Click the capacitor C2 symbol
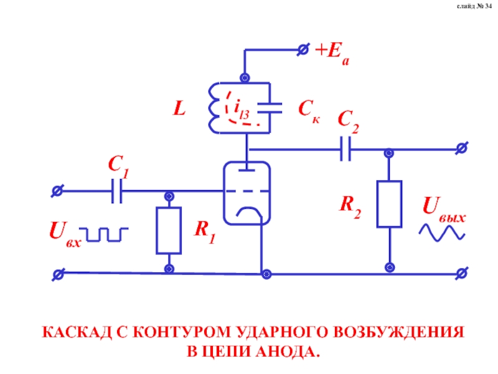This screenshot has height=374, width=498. click(x=346, y=150)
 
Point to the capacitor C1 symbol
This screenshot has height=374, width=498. click(x=116, y=191)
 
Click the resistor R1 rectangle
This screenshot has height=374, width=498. click(x=168, y=231)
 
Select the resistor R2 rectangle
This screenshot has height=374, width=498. click(x=389, y=204)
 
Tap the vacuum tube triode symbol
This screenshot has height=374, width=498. click(x=248, y=192)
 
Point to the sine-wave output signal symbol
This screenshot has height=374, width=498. click(x=442, y=232)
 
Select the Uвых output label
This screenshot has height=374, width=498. click(x=443, y=207)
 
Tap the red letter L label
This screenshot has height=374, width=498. click(x=179, y=110)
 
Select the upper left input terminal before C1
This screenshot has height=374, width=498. click(x=57, y=191)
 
